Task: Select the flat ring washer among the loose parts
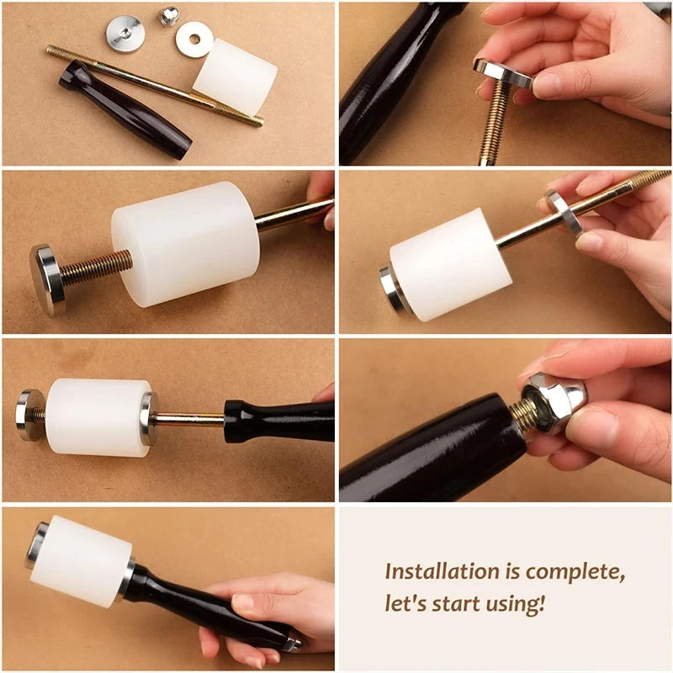[193, 39]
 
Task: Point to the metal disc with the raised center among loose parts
[124, 33]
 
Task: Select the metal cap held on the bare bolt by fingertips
[503, 74]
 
